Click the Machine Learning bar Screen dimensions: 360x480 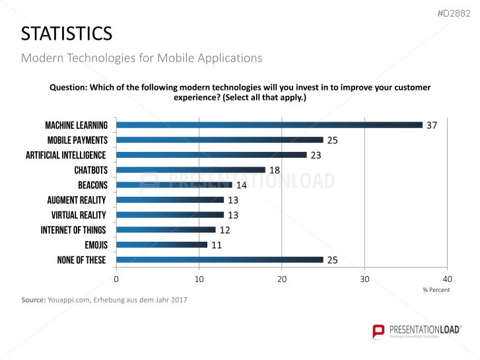269,125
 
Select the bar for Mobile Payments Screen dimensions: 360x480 220,140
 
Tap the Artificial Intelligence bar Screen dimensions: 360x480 211,155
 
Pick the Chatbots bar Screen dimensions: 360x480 191,170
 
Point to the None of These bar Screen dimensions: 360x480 220,260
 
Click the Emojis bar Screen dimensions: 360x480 162,244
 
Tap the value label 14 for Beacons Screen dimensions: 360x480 242,185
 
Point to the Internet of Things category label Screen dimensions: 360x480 73,230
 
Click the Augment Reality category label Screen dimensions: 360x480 77,200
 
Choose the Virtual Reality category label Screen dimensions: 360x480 79,215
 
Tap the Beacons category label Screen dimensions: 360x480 92,185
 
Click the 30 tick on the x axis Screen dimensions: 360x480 364,279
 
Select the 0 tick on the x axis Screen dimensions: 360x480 116,279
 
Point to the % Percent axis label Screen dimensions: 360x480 436,290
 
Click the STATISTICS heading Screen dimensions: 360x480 66,33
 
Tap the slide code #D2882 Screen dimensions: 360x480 456,13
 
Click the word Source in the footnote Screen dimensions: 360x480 33,301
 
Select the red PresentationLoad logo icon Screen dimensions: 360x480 378,331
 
